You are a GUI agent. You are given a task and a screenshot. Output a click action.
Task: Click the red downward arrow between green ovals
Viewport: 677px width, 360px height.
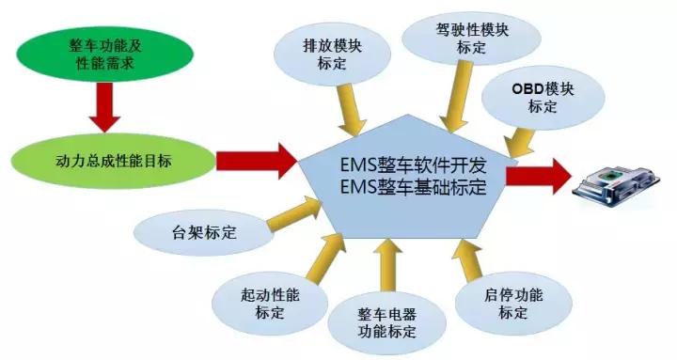coord(103,109)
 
